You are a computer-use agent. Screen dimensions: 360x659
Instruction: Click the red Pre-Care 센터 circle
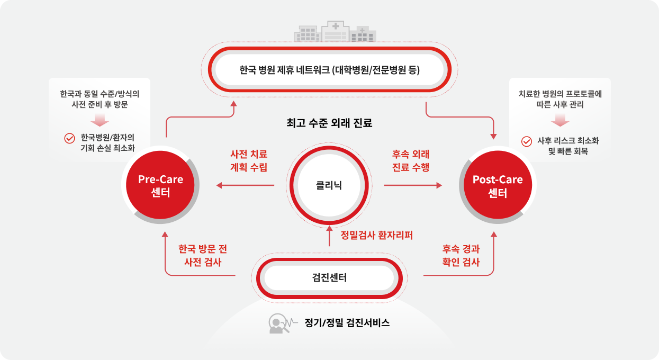160,186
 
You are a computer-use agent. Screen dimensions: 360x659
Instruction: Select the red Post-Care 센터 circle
497,186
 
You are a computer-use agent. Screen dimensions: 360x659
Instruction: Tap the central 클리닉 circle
329,186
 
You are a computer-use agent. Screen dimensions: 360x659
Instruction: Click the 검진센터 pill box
329,277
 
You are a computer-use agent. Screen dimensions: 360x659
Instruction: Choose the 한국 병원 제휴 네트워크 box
329,69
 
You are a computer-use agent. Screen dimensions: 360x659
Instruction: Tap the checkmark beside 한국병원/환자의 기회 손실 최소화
69,138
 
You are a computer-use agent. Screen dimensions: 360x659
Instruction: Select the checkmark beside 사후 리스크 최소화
526,141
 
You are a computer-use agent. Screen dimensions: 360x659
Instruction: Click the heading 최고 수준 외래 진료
329,123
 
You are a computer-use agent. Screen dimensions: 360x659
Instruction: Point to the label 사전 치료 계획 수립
249,161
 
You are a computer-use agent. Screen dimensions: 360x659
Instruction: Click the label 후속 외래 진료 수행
411,161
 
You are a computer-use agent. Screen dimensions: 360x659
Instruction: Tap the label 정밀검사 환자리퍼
376,236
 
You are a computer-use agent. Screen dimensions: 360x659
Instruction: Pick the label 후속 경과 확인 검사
461,255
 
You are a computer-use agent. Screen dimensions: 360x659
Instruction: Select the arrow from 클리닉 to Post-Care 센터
413,185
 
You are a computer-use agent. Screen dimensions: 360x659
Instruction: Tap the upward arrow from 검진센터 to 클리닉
329,237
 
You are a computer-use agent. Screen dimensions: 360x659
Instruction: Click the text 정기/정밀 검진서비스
347,322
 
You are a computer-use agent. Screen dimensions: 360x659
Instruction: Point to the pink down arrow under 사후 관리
560,121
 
